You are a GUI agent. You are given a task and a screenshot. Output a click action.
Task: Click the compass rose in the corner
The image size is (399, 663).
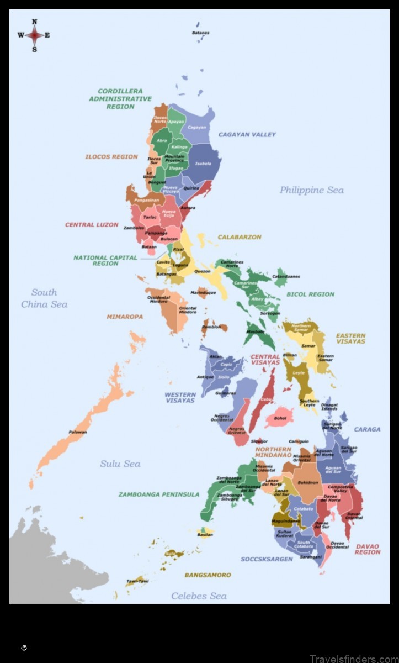click(34, 35)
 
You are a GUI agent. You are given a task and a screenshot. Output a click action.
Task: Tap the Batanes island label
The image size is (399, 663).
click(200, 33)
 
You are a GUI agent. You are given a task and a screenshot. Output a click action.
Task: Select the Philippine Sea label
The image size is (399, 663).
click(311, 190)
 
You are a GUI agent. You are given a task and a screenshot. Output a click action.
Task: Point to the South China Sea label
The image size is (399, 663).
click(44, 298)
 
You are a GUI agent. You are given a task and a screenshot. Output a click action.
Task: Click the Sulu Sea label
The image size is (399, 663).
click(120, 464)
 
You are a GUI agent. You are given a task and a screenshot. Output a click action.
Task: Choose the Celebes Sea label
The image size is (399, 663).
click(199, 596)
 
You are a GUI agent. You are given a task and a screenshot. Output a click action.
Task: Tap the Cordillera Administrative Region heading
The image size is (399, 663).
click(120, 99)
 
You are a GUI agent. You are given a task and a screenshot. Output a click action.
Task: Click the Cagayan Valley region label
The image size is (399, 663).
click(247, 134)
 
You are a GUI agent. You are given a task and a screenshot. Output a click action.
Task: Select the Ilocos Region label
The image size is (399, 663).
click(111, 157)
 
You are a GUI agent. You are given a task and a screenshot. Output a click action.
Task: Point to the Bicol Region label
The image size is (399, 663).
click(310, 294)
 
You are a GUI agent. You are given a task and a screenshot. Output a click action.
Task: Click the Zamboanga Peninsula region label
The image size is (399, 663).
click(158, 494)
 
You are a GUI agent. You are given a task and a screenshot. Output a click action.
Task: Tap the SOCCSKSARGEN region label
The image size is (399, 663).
click(266, 559)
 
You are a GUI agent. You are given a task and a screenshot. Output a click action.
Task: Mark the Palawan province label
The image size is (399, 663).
click(78, 432)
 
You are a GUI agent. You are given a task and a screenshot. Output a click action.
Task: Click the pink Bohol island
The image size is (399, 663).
click(280, 418)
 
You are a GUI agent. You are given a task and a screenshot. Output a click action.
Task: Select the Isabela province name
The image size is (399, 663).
click(203, 164)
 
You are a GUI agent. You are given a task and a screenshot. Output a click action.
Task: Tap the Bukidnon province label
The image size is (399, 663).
click(308, 482)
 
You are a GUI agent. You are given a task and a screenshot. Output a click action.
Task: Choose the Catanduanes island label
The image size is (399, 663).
click(286, 276)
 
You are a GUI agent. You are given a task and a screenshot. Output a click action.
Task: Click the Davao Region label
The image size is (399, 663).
click(367, 549)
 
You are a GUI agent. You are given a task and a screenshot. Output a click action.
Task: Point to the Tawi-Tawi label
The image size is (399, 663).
click(135, 581)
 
